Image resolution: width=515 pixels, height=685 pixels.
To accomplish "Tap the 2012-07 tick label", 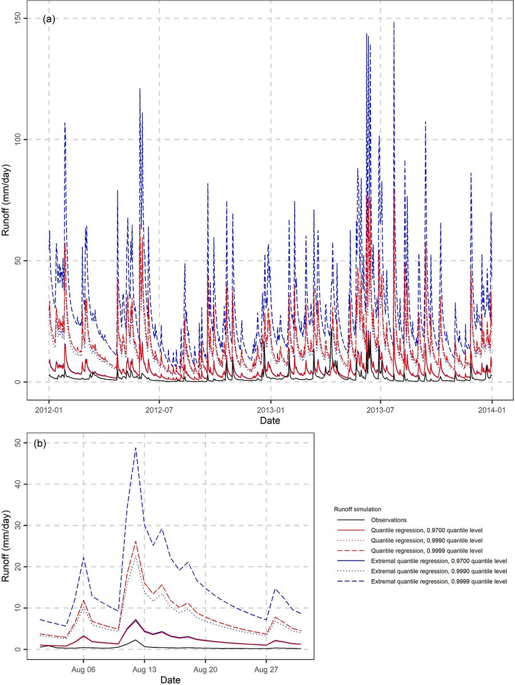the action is [x=159, y=409].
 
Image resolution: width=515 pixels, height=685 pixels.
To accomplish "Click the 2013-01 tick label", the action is [x=270, y=409].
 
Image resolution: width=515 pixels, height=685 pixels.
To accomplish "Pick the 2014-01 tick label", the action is [x=492, y=409].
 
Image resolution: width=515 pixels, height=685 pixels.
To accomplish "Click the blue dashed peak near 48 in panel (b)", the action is [x=135, y=448].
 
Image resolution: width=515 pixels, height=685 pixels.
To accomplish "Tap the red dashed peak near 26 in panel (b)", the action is [x=135, y=541].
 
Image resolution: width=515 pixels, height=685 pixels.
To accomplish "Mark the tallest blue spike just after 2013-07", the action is [x=394, y=23].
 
